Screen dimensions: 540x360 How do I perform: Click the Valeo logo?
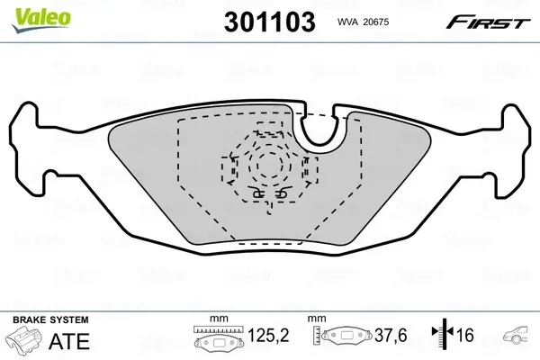[x=41, y=20]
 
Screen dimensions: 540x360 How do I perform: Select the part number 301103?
[x=270, y=22]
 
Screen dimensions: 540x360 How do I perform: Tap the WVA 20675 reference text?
[x=363, y=22]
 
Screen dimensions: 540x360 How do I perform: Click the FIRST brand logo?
[x=488, y=22]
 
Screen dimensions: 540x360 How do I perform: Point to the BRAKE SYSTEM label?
[x=50, y=320]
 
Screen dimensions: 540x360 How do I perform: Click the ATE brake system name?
[x=69, y=341]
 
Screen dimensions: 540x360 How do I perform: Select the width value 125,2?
[x=268, y=335]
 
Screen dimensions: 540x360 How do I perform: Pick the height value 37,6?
[x=391, y=335]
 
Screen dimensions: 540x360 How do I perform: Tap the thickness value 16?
[x=465, y=335]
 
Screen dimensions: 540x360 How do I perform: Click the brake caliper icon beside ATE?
[x=23, y=338]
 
